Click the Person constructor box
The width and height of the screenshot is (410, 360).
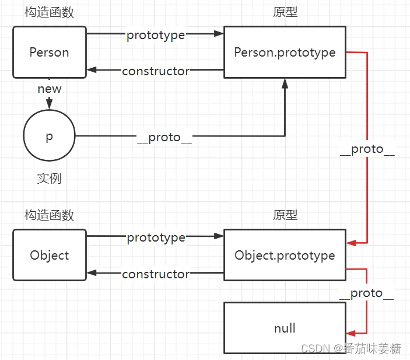pos(50,53)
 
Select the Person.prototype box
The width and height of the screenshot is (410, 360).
pos(285,53)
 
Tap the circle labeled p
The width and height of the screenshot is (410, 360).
pos(50,137)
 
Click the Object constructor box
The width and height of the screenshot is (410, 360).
pos(50,256)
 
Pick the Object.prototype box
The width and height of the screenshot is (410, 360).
pos(285,256)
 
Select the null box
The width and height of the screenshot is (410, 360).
pos(285,328)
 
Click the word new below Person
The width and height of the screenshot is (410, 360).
pos(50,89)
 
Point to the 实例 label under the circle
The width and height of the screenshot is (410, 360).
pos(50,179)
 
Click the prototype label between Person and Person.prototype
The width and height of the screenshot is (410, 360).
pos(156,35)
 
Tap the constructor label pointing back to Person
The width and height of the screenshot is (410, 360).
pos(156,71)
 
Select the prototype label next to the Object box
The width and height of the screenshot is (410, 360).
pos(156,237)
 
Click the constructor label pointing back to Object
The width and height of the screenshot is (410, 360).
pos(156,274)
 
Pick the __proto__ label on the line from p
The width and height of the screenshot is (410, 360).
pos(164,137)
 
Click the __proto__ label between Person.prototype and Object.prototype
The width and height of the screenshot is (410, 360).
pos(367,149)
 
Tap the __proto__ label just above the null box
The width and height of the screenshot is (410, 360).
pos(366,293)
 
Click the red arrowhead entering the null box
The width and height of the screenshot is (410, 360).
pos(351,333)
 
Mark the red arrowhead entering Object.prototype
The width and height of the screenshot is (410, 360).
pos(351,242)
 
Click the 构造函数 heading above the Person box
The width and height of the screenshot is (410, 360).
pos(50,12)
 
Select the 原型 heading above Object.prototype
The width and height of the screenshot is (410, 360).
pos(285,215)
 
